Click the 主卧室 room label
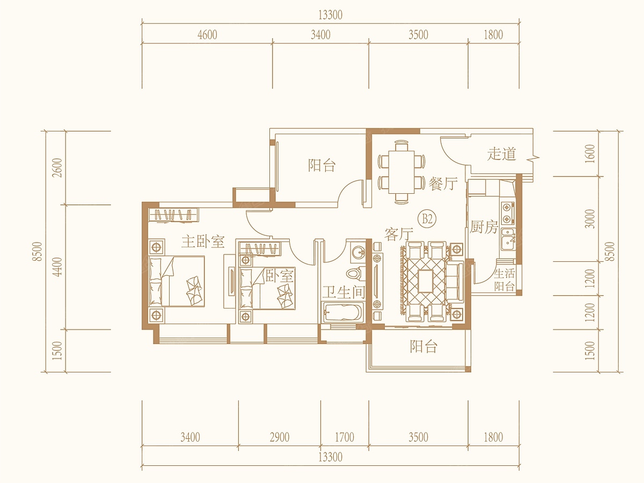point(203,241)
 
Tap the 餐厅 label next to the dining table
point(443,184)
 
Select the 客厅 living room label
point(399,235)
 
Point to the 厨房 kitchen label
point(484,226)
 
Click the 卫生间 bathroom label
point(343,292)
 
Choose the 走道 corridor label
point(501,153)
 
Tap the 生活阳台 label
point(504,280)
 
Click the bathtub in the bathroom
point(343,312)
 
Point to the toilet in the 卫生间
point(356,273)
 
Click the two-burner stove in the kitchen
point(508,213)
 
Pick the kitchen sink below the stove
point(508,239)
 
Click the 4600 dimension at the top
point(208,35)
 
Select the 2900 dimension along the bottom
point(280,437)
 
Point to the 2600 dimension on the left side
point(58,167)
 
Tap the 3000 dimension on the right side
point(589,219)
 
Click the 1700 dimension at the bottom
point(345,437)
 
